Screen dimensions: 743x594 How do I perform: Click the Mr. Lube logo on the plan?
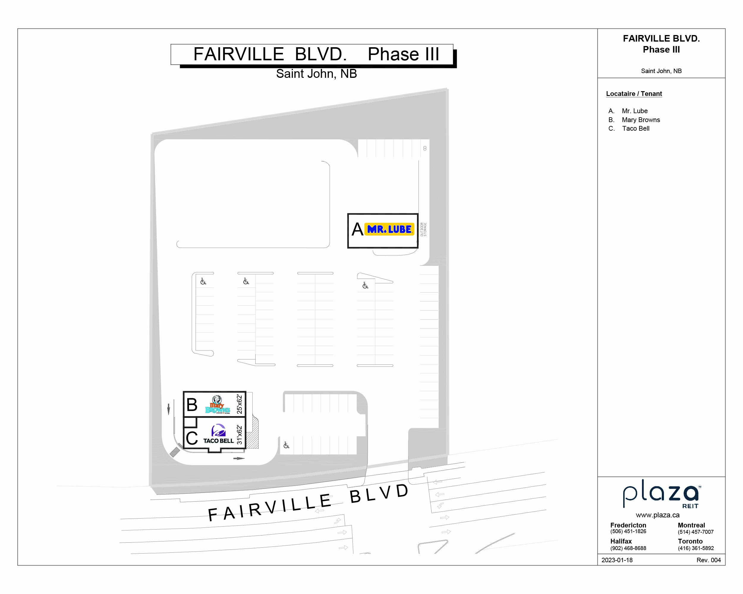[389, 229]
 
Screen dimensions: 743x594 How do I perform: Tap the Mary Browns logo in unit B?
[218, 404]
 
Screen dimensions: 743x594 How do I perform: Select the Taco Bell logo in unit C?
[218, 434]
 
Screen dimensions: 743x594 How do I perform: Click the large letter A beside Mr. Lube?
[357, 229]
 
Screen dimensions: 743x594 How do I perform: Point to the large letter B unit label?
[192, 405]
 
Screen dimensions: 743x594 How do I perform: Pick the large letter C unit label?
[192, 438]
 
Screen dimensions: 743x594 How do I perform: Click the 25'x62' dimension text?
[240, 404]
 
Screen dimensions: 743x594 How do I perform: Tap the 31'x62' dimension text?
[240, 435]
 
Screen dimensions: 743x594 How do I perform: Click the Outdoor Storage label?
[424, 229]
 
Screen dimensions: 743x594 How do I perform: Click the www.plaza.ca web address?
[657, 515]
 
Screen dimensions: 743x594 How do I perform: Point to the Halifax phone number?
[628, 548]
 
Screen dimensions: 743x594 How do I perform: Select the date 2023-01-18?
[617, 560]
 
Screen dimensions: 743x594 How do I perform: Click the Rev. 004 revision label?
[709, 560]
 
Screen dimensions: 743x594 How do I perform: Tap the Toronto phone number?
[695, 548]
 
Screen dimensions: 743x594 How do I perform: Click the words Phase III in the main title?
[403, 54]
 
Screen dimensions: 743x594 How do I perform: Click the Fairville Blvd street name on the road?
[308, 503]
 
